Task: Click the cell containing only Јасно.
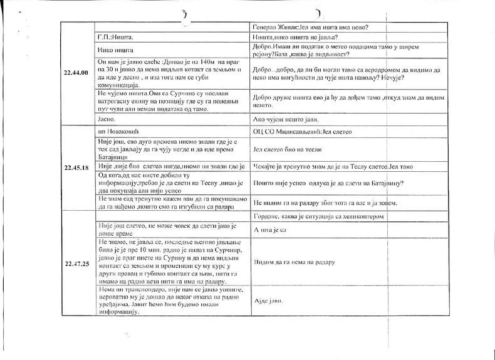tap(108, 118)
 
